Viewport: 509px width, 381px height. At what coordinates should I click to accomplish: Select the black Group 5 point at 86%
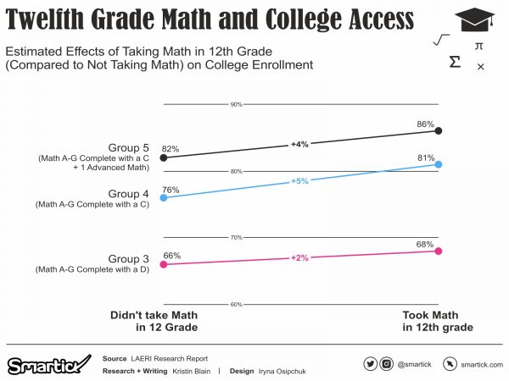pyautogui.click(x=438, y=131)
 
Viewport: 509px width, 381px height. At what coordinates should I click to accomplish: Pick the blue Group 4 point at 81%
pyautogui.click(x=438, y=165)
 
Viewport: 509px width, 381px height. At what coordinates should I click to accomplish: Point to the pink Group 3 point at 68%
pyautogui.click(x=438, y=251)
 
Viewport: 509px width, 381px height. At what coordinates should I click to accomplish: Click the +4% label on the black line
pyautogui.click(x=299, y=145)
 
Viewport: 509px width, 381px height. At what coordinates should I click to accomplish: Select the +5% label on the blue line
pyautogui.click(x=299, y=181)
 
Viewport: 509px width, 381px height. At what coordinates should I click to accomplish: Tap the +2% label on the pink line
pyautogui.click(x=299, y=257)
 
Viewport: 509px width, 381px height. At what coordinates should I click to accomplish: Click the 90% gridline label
pyautogui.click(x=237, y=105)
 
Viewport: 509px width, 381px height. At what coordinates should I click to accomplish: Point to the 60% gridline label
pyautogui.click(x=237, y=304)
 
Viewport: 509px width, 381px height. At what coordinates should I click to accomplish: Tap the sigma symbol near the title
pyautogui.click(x=455, y=63)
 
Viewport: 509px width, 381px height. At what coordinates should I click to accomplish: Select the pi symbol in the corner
pyautogui.click(x=479, y=46)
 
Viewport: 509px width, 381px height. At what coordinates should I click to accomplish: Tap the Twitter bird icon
pyautogui.click(x=370, y=364)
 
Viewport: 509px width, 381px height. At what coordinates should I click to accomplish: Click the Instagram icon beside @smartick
pyautogui.click(x=387, y=364)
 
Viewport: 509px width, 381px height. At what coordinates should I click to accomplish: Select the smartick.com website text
pyautogui.click(x=483, y=364)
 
